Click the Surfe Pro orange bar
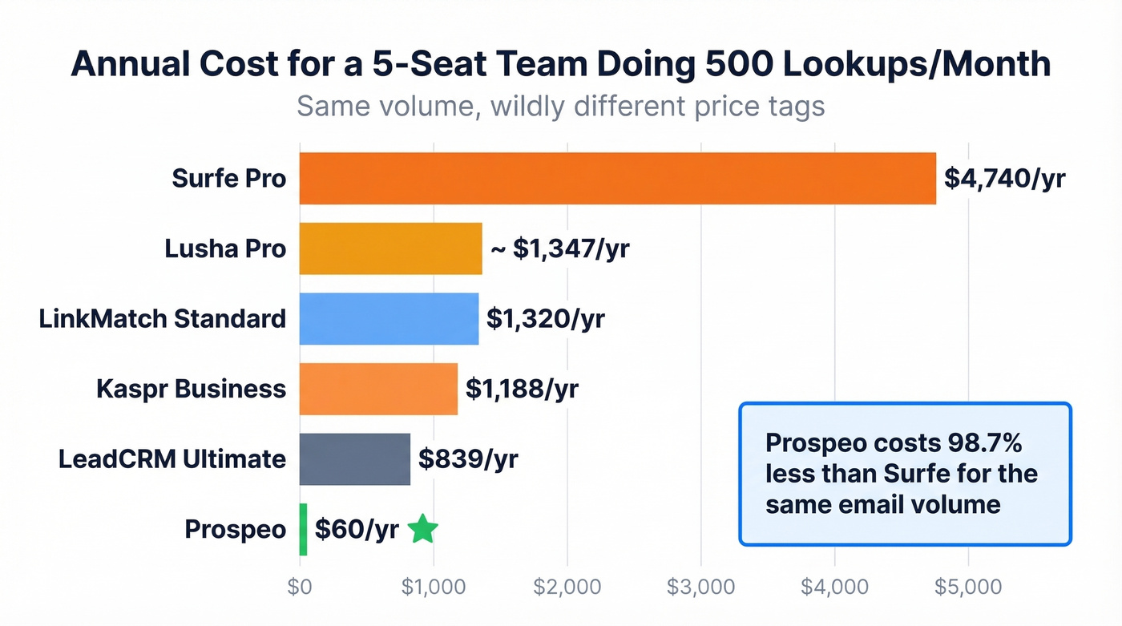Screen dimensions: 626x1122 click(x=617, y=178)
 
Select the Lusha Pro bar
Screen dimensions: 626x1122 click(x=390, y=248)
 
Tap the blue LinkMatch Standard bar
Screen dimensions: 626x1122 click(x=389, y=318)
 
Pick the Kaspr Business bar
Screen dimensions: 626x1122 click(x=378, y=389)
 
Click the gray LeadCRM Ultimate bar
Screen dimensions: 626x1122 click(x=354, y=458)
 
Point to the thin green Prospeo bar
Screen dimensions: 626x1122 click(x=303, y=529)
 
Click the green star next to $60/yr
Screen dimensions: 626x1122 click(x=422, y=529)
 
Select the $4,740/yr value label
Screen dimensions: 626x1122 click(x=1004, y=178)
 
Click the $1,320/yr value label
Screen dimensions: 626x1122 click(x=545, y=318)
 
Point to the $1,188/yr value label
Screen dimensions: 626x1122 click(x=522, y=389)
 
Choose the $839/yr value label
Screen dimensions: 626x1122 click(x=468, y=458)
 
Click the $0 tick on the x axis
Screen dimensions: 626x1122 click(x=300, y=587)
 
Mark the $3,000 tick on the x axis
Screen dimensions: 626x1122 click(x=700, y=587)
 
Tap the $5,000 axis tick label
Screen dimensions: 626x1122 click(x=968, y=587)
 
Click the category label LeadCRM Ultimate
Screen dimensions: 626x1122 click(x=172, y=459)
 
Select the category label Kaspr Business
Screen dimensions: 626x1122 click(x=191, y=389)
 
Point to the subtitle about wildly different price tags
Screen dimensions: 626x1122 click(x=560, y=106)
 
